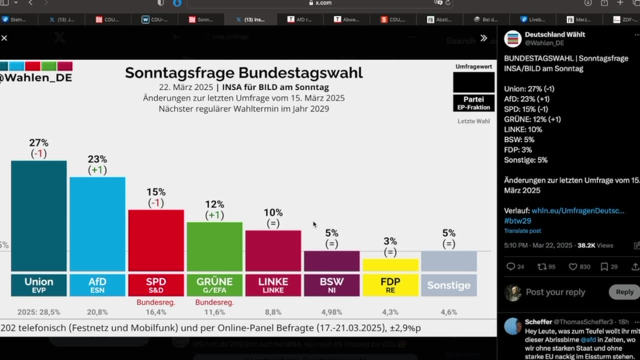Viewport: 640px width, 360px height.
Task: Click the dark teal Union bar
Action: pyautogui.click(x=38, y=216)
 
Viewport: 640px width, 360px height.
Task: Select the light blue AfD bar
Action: pyautogui.click(x=97, y=224)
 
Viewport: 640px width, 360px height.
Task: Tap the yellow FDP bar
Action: pyautogui.click(x=390, y=265)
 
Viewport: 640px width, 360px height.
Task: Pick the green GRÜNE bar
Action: pyautogui.click(x=214, y=246)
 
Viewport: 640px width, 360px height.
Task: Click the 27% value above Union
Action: pyautogui.click(x=38, y=143)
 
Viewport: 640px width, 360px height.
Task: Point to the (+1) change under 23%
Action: pyautogui.click(x=97, y=170)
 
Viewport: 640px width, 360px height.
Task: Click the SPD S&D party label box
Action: pyautogui.click(x=156, y=285)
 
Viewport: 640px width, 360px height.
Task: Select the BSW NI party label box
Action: pyautogui.click(x=331, y=285)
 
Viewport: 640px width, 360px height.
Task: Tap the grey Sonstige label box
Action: pyautogui.click(x=449, y=285)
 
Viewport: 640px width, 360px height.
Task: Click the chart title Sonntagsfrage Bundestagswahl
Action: pyautogui.click(x=243, y=73)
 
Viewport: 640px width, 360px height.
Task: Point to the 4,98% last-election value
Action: pyautogui.click(x=331, y=312)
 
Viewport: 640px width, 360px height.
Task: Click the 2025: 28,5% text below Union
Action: pyautogui.click(x=38, y=312)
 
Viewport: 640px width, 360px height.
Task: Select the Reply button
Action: pyautogui.click(x=624, y=292)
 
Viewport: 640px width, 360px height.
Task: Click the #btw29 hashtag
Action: pyautogui.click(x=517, y=220)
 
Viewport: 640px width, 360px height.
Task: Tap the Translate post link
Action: pyautogui.click(x=522, y=231)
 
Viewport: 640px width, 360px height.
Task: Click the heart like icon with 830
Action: pyautogui.click(x=573, y=266)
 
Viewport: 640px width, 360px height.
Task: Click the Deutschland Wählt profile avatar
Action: pyautogui.click(x=512, y=38)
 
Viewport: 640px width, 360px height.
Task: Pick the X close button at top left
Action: pyautogui.click(x=4, y=38)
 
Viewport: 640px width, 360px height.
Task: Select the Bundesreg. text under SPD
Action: pyautogui.click(x=156, y=302)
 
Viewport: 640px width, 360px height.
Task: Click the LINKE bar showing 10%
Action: pyautogui.click(x=273, y=251)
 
